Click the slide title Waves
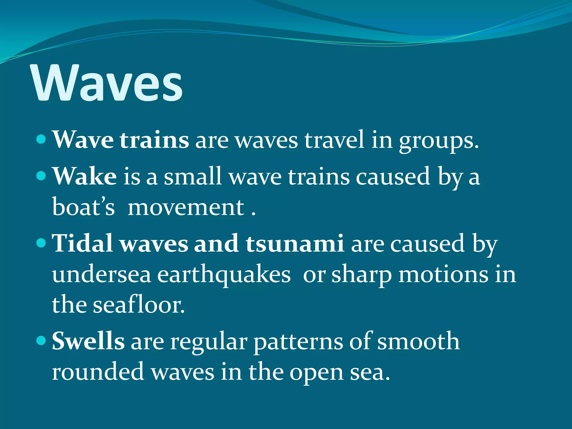click(x=108, y=83)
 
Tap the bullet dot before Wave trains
click(x=41, y=139)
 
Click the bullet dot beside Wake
click(x=41, y=176)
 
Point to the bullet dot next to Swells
click(x=41, y=340)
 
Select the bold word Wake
click(x=85, y=176)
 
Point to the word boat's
click(x=83, y=207)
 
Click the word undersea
click(x=101, y=275)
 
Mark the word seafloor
click(x=139, y=305)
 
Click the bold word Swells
click(x=88, y=341)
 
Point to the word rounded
click(x=98, y=372)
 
